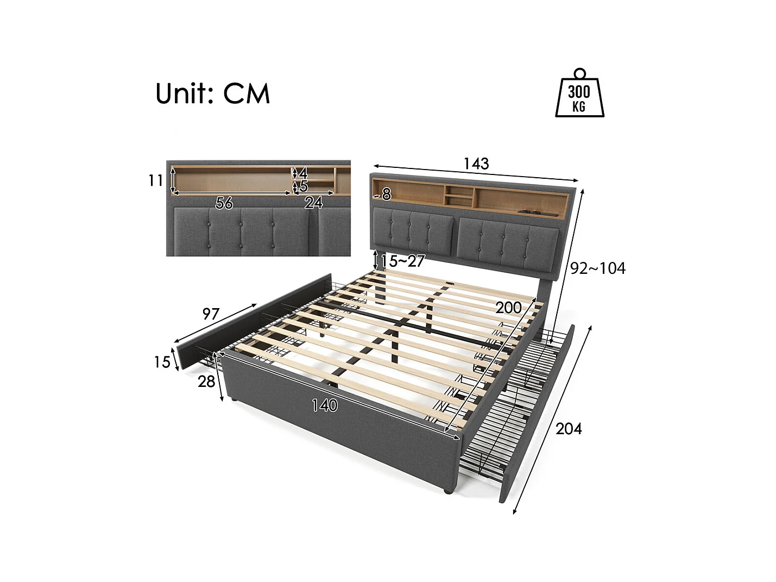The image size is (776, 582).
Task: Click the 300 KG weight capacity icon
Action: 579,93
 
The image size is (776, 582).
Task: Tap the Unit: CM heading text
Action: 212,93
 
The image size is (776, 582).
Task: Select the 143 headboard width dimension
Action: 476,164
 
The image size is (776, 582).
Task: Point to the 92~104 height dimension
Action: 597,268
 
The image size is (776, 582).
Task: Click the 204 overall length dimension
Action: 569,429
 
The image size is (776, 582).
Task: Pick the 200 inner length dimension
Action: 508,308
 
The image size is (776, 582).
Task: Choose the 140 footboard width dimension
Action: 324,405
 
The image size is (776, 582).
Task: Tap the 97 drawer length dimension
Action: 211,314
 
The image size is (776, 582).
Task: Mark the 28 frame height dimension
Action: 206,382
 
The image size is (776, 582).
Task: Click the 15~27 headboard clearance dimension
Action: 402,261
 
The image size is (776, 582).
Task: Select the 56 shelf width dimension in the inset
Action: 224,203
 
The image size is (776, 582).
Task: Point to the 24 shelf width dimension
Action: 313,203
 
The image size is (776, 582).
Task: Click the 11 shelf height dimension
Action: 156,180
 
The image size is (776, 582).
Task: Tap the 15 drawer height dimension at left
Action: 162,362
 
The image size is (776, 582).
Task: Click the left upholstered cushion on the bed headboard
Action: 413,232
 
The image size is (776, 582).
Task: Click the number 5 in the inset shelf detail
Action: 304,186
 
